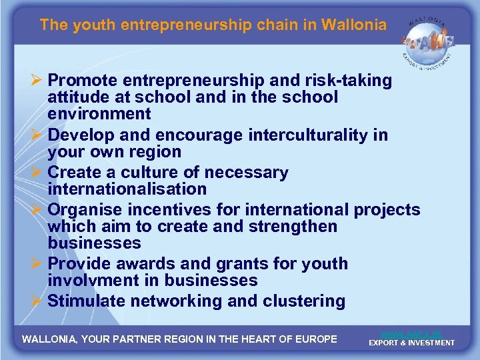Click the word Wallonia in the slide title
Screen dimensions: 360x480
coord(353,25)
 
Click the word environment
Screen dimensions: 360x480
coord(99,114)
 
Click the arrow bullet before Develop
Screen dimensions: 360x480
coord(38,135)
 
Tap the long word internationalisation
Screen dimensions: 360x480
coord(127,189)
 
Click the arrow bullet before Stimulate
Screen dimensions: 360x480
coord(38,301)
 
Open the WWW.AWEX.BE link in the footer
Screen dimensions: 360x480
coord(411,333)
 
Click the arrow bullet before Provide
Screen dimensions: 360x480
coord(38,264)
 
